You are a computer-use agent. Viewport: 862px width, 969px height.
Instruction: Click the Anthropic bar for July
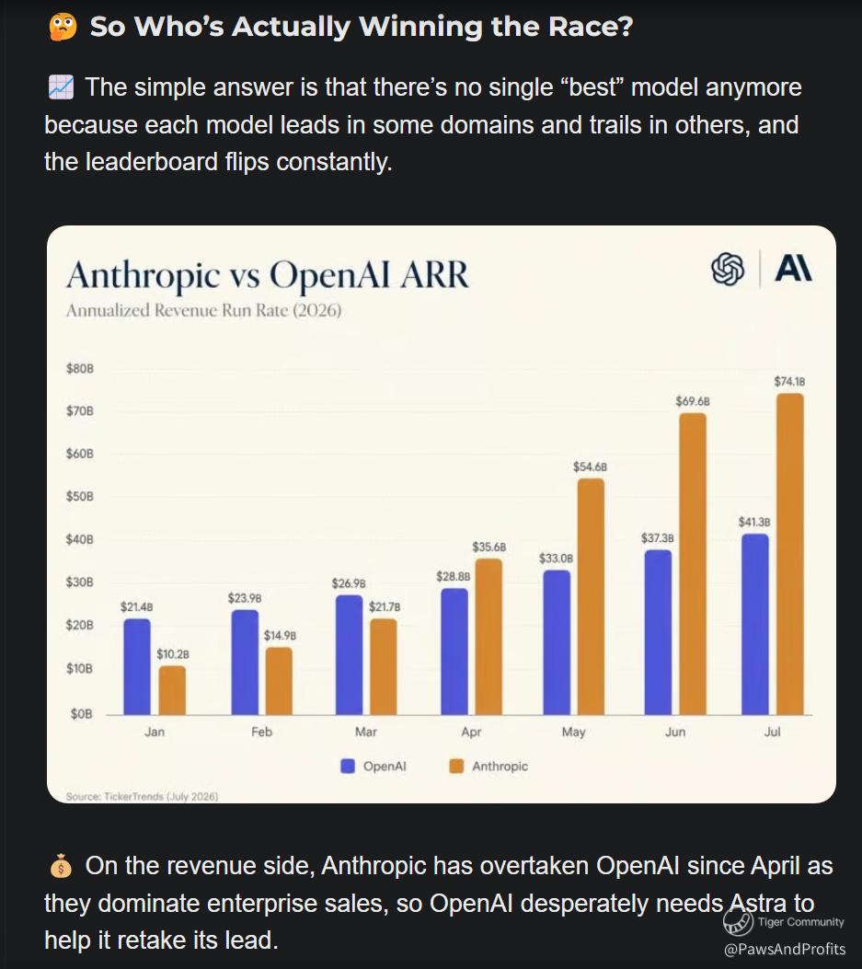click(789, 554)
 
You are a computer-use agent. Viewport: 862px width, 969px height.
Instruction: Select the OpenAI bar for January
click(137, 667)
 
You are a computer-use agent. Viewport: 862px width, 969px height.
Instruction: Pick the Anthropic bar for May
click(591, 597)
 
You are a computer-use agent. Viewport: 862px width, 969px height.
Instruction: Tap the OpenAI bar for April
click(454, 652)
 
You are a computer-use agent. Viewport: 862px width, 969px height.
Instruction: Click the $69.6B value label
click(693, 401)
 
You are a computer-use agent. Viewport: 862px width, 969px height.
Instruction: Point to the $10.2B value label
click(172, 654)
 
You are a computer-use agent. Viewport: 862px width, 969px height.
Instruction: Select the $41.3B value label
click(753, 522)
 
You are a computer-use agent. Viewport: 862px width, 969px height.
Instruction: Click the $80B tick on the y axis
click(80, 369)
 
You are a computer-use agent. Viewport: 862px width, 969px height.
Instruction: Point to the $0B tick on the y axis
click(81, 714)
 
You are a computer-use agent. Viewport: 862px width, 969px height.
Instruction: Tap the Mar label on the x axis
click(366, 732)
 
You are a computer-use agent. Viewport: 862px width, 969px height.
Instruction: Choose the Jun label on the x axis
click(674, 732)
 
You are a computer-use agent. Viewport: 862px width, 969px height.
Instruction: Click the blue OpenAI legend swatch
click(348, 767)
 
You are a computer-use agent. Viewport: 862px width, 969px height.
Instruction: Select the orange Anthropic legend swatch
click(456, 767)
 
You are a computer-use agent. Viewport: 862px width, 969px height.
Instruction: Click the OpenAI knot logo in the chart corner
click(728, 269)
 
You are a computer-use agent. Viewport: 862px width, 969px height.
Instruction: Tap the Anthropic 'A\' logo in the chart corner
click(793, 268)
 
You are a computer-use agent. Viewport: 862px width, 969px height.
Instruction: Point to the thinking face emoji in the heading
click(63, 28)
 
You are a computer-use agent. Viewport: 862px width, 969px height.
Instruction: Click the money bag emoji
click(61, 867)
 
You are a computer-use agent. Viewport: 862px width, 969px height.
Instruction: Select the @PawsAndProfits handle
click(784, 949)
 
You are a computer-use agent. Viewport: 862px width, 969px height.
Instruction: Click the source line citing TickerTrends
click(142, 797)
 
